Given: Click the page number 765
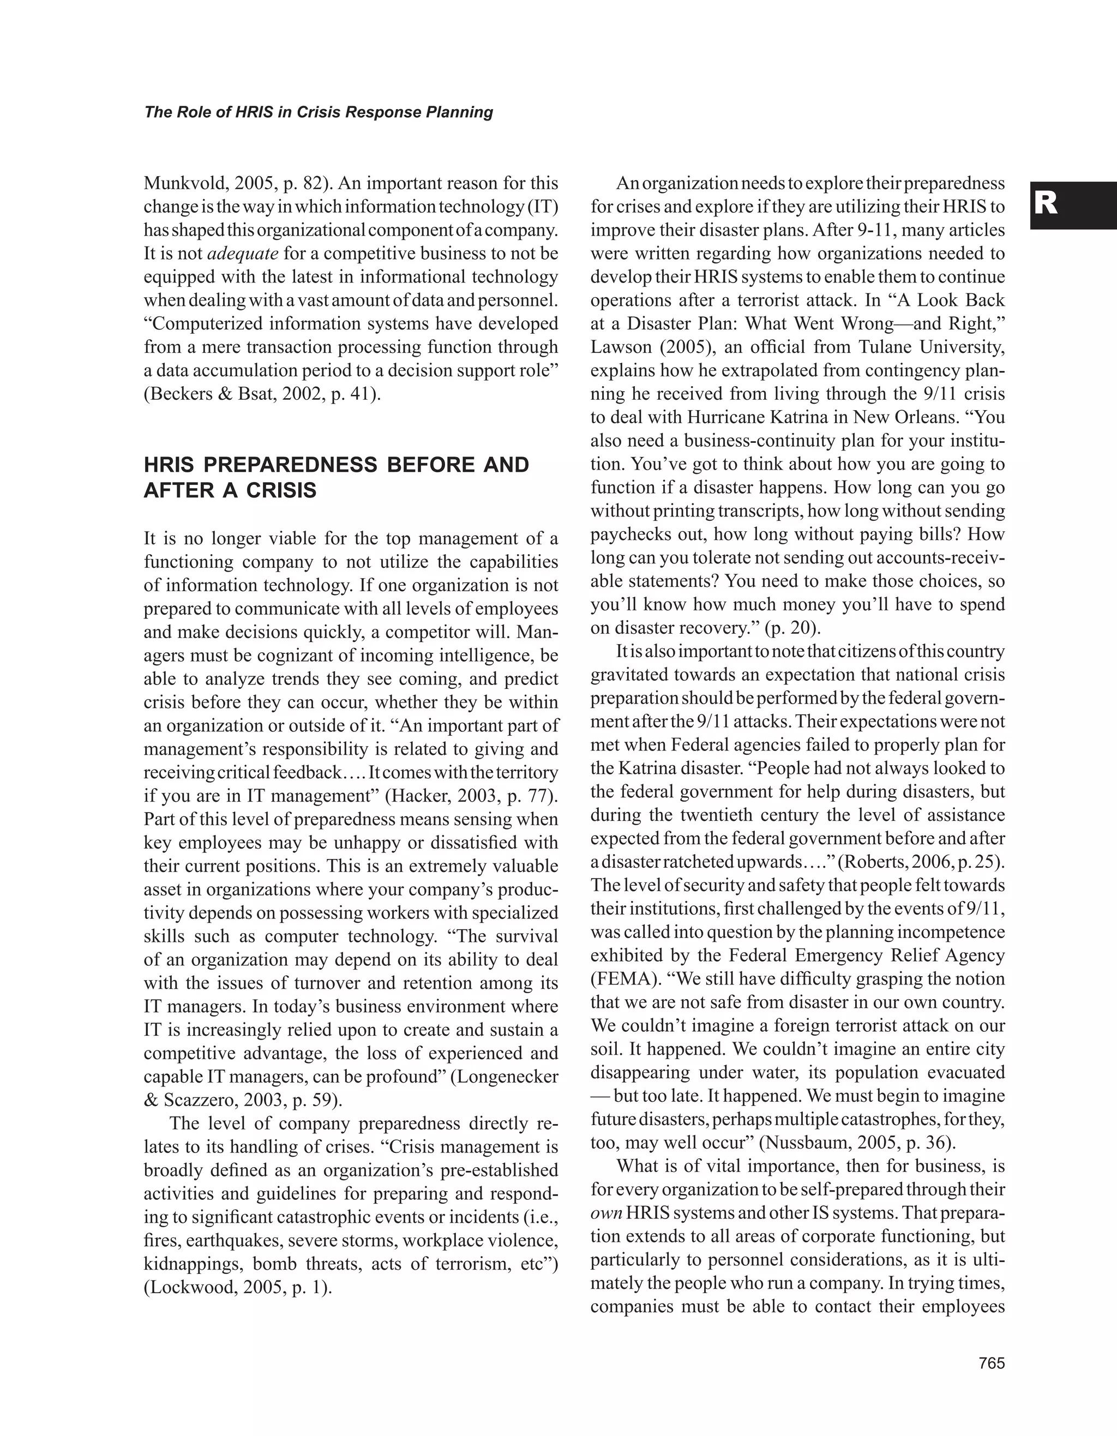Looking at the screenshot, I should [x=992, y=1363].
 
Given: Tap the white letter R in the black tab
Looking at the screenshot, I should [x=1046, y=205].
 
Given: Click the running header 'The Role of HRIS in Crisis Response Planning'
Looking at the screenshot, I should [x=318, y=112].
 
